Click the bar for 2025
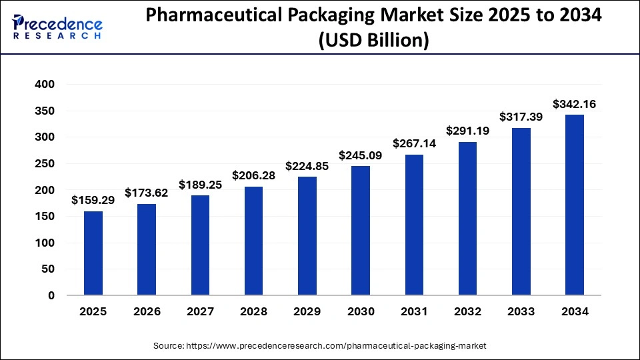[93, 253]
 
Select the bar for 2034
[575, 205]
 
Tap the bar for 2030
[361, 231]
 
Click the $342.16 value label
[575, 104]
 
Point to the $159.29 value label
[93, 200]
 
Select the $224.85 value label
[307, 166]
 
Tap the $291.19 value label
[467, 131]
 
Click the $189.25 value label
[200, 185]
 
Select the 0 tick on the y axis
[51, 295]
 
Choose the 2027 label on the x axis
[200, 311]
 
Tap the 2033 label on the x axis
[521, 311]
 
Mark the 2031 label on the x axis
[414, 311]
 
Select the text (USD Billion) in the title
[374, 41]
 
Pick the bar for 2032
[467, 219]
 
